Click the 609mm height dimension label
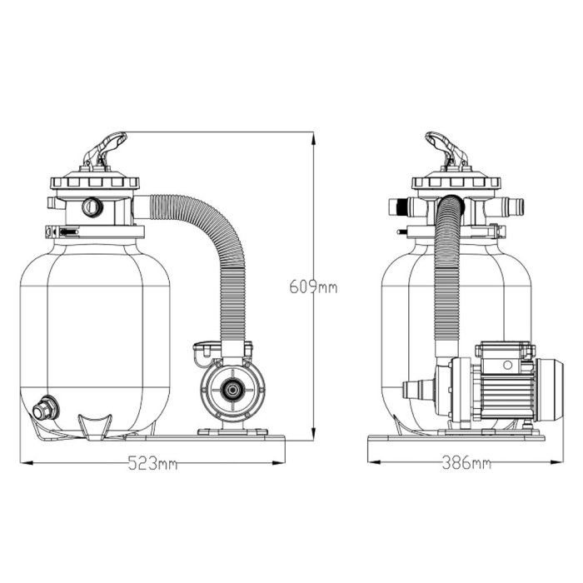[313, 287]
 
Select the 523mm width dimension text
[152, 464]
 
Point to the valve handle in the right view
[446, 150]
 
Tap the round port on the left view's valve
[91, 207]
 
